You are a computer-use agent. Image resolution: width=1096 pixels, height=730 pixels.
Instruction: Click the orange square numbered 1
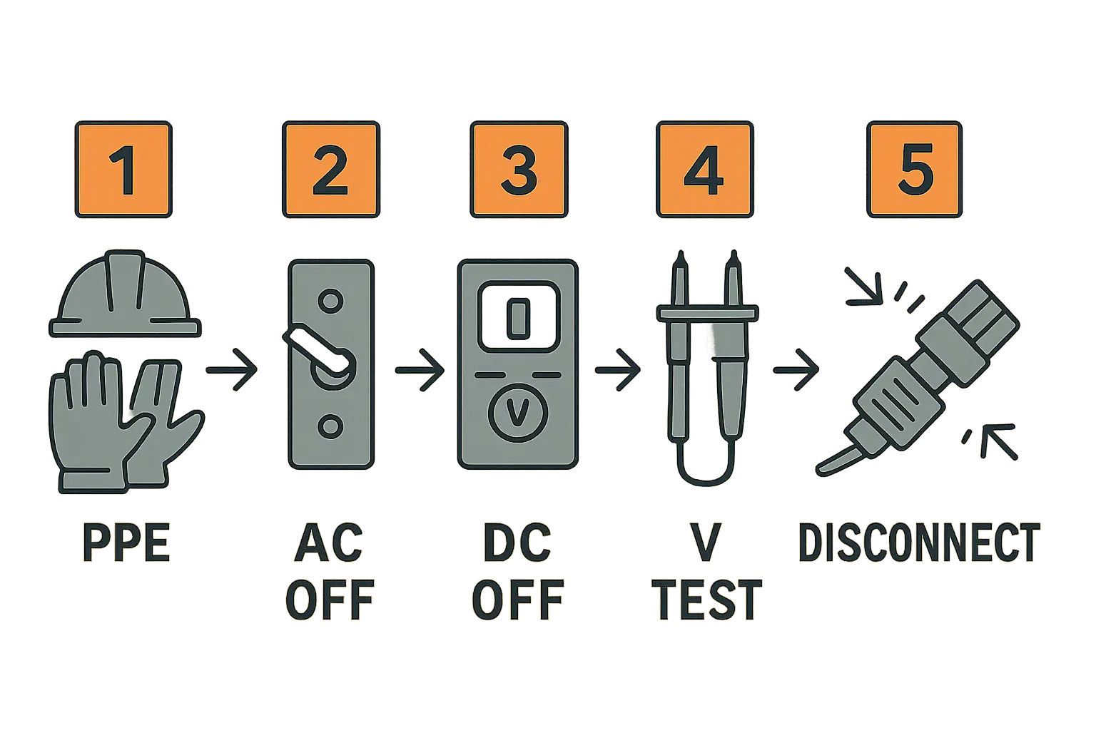[x=123, y=169]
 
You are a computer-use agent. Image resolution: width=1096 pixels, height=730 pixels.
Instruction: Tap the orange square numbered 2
[x=331, y=169]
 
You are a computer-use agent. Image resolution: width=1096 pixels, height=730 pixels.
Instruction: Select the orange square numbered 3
[x=519, y=169]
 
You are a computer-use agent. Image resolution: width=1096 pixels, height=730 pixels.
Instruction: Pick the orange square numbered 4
[x=704, y=169]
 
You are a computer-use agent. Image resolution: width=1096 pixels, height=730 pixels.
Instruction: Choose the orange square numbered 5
[x=915, y=169]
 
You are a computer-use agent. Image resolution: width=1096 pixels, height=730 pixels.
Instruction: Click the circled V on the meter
[x=517, y=413]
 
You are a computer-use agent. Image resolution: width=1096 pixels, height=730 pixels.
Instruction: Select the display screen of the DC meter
[x=519, y=317]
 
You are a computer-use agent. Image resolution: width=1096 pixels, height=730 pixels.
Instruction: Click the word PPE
[x=126, y=543]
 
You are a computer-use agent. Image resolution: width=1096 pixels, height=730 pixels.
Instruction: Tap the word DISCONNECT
[x=919, y=543]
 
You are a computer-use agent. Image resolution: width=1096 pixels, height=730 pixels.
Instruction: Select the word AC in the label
[x=329, y=543]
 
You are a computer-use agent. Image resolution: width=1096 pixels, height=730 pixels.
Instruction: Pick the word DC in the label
[x=517, y=543]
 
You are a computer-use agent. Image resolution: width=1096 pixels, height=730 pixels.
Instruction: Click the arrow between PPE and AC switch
[x=231, y=370]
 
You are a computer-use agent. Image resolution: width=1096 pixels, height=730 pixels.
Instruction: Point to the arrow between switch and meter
[x=420, y=370]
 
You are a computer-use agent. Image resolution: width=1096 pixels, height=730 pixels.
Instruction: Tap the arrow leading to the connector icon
[x=796, y=370]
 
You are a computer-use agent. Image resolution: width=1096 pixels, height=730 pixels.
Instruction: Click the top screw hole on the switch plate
[x=331, y=300]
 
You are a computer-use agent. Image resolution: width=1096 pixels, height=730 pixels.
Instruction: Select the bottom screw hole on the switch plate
[x=331, y=426]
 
